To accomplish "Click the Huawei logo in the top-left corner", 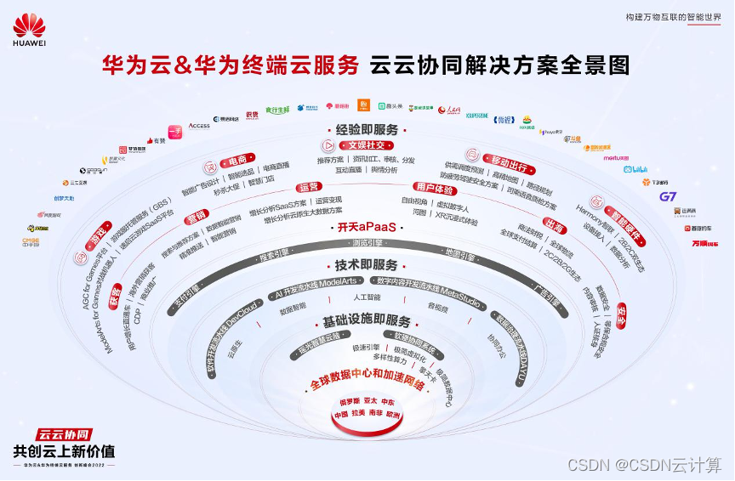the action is point(29,31).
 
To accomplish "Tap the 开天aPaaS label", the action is point(365,228).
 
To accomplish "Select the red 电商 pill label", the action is point(233,161).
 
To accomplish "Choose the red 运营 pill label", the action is point(309,187).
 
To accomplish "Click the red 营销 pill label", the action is point(197,214).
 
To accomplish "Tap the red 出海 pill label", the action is point(555,225).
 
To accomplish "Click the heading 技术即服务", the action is point(365,265).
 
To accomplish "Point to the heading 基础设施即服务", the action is point(366,322).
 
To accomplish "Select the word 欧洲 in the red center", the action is point(392,415).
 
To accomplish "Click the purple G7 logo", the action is point(668,196).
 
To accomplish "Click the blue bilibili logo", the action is point(635,169).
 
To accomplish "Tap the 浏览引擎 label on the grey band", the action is point(367,244).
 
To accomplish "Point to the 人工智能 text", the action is point(367,297).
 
